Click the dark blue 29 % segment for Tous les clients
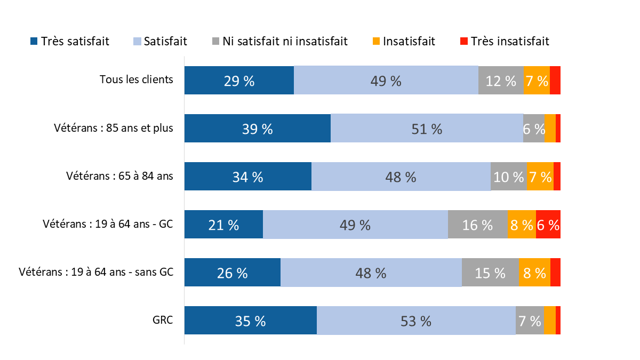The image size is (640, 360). pos(239,80)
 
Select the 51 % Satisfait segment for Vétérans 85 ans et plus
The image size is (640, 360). pos(427,128)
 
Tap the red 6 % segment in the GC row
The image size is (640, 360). pos(548,225)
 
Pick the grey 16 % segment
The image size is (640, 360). pos(477,225)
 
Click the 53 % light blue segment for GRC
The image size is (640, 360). pos(416,321)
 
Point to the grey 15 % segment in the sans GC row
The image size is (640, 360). pos(490,273)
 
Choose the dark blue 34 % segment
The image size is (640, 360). pos(248,177)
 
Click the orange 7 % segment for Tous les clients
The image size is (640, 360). pos(536,80)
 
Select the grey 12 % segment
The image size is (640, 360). pos(501,80)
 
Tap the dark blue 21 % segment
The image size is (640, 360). pos(223,225)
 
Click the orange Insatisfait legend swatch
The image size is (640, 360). pos(377,41)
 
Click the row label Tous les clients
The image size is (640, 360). pos(136,79)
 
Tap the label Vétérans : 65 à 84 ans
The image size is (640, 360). pos(119,176)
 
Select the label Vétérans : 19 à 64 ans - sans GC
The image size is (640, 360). pos(96,272)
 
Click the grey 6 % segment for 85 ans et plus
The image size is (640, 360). pos(533,128)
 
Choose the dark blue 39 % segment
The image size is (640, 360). pos(258,128)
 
